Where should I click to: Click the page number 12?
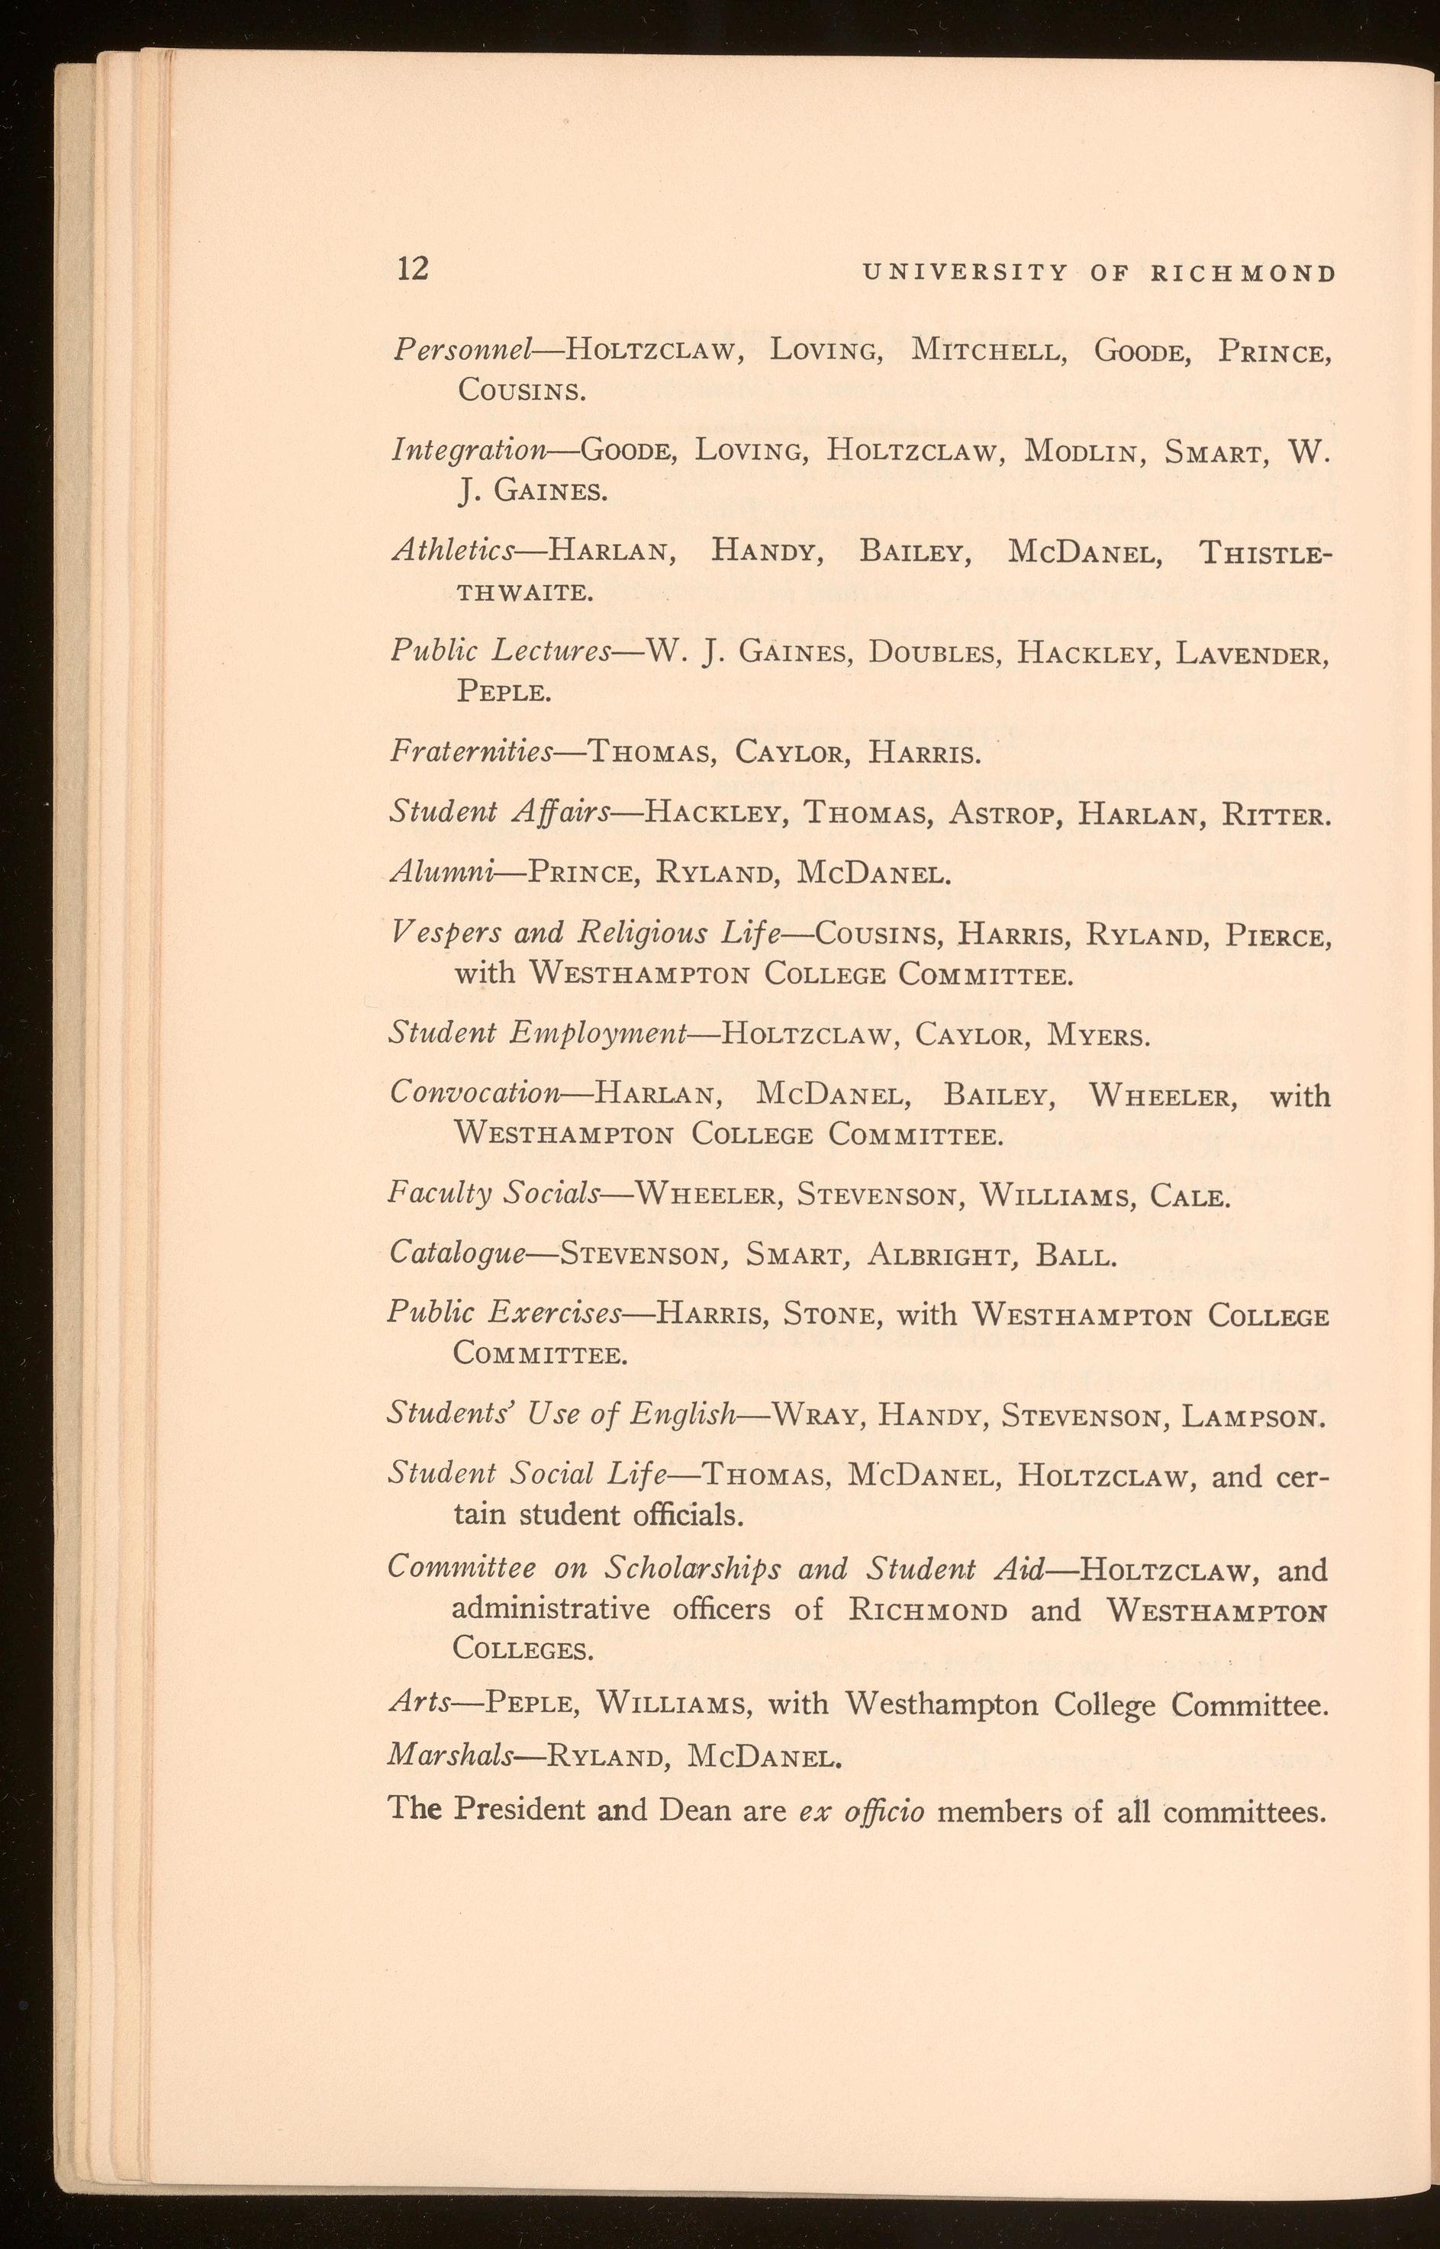[412, 269]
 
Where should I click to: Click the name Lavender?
[1250, 652]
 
